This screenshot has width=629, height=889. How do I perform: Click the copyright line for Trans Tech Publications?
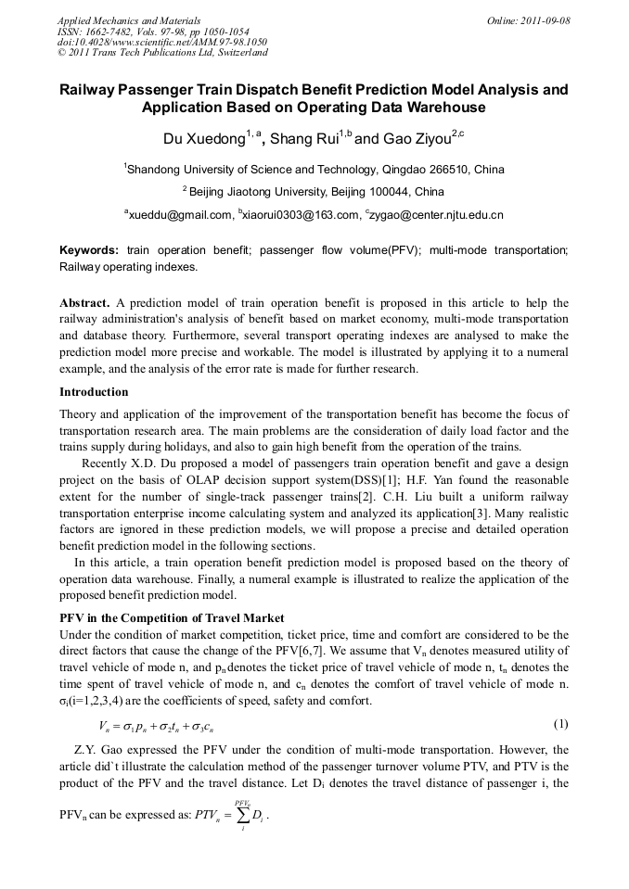(162, 53)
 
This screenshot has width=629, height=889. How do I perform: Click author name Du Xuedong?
(203, 140)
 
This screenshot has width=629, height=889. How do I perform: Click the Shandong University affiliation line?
(314, 170)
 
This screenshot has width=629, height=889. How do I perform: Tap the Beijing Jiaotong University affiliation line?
(314, 193)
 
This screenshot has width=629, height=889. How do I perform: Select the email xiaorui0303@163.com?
(299, 215)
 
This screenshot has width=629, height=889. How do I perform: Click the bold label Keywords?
(89, 250)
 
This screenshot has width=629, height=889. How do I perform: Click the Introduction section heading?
(94, 392)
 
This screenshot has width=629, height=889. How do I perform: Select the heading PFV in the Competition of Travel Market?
(172, 618)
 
